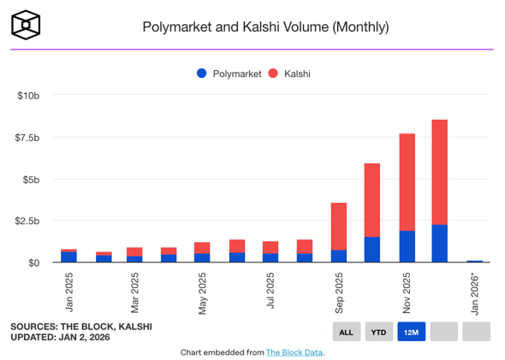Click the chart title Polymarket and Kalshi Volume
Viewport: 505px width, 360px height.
pyautogui.click(x=265, y=27)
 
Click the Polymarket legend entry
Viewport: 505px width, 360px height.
pyautogui.click(x=229, y=74)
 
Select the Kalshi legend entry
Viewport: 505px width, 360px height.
pyautogui.click(x=289, y=74)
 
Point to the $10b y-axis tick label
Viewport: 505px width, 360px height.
pyautogui.click(x=28, y=96)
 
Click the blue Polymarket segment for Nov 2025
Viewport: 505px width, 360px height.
pyautogui.click(x=407, y=246)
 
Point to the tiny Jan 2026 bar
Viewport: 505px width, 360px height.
pyautogui.click(x=474, y=261)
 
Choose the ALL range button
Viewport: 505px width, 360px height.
pyautogui.click(x=346, y=332)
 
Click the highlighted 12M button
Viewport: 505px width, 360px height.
pyautogui.click(x=412, y=332)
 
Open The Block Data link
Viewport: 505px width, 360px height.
pyautogui.click(x=294, y=352)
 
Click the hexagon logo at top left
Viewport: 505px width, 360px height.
pyautogui.click(x=27, y=26)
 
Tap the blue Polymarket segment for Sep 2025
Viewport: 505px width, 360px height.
pyautogui.click(x=339, y=256)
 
